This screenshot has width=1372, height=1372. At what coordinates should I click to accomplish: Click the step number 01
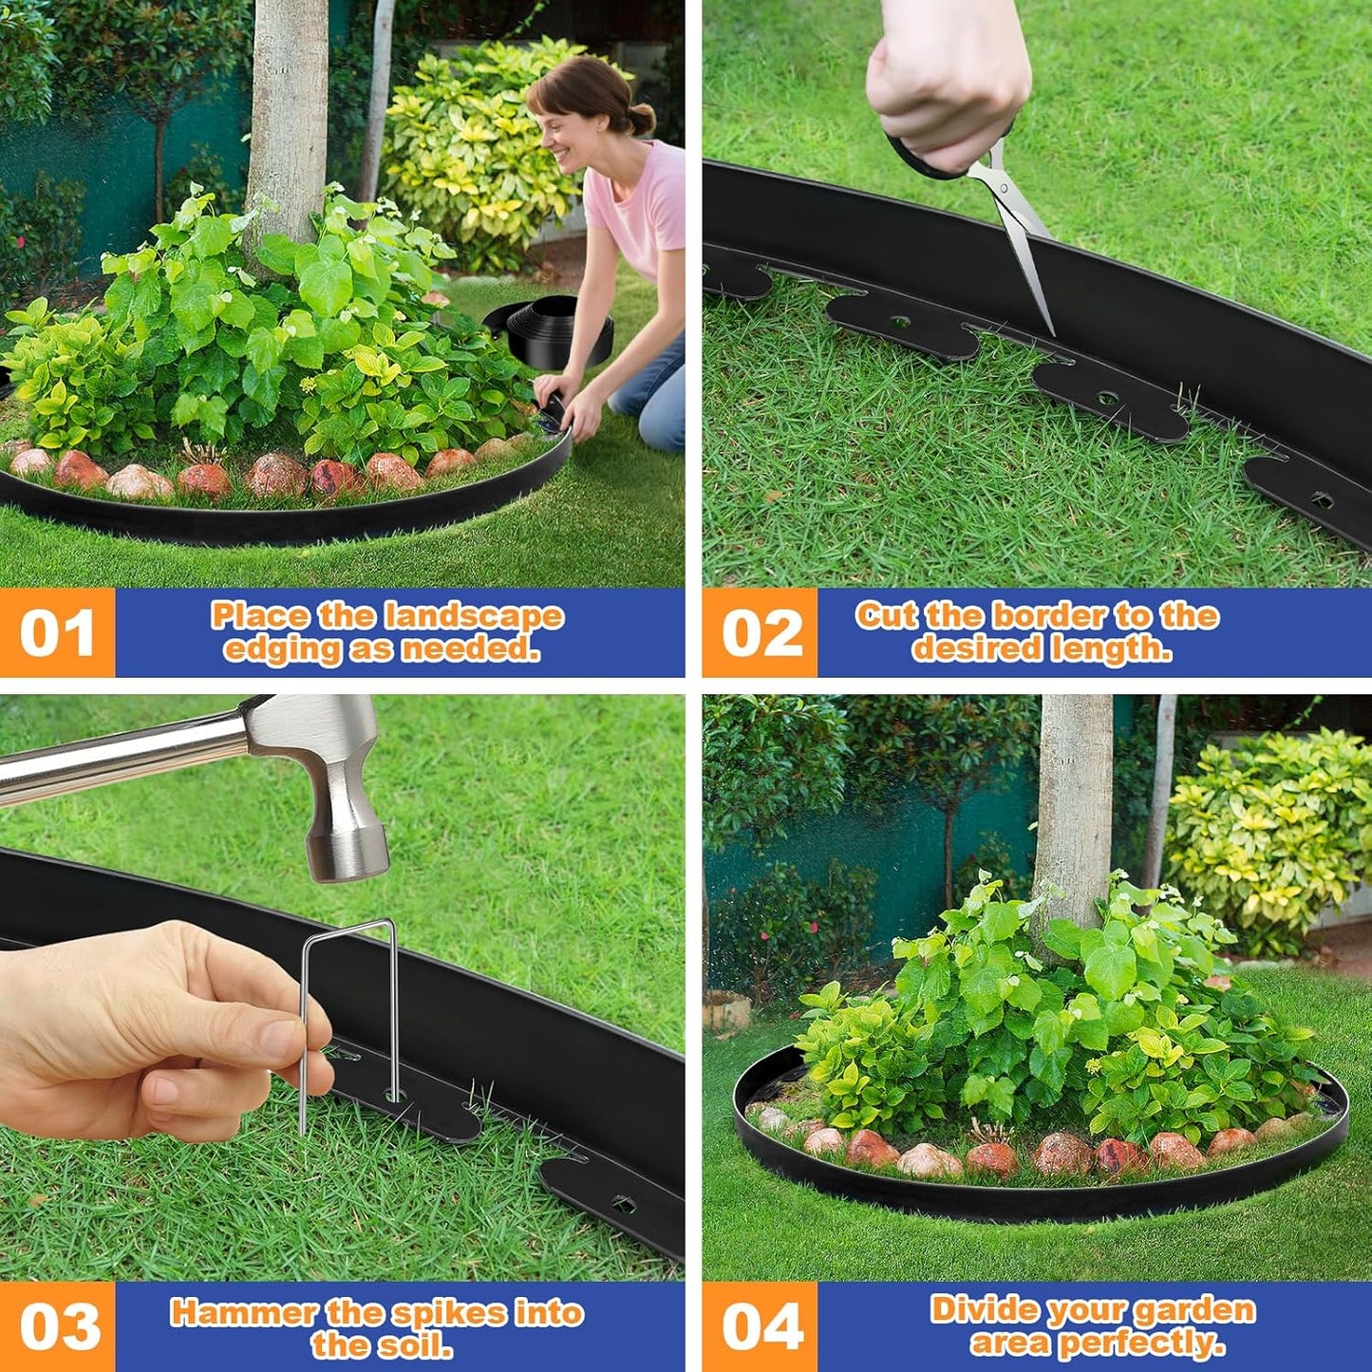tap(57, 633)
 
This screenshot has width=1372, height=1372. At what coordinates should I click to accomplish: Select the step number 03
tap(59, 1326)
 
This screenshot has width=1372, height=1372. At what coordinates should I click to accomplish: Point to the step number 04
tap(761, 1326)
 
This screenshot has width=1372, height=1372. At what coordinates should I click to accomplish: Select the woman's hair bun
tap(642, 119)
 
